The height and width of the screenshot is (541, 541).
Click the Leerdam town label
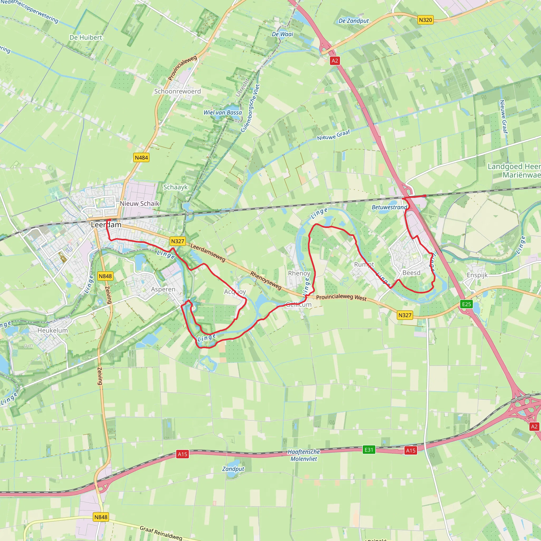(106, 225)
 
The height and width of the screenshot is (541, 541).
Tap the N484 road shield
(141, 158)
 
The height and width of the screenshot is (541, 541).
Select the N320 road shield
(425, 20)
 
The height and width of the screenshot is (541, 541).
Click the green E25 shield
(466, 304)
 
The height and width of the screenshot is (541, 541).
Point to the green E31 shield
(369, 450)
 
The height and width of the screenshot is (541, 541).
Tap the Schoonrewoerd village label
(177, 91)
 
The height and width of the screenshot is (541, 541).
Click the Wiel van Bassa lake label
(223, 113)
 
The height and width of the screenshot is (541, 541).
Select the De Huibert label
(86, 38)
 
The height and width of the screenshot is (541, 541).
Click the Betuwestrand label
(389, 207)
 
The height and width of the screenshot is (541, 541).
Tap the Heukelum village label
(53, 330)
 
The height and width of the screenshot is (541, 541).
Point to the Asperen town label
(163, 289)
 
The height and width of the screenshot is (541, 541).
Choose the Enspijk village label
(477, 275)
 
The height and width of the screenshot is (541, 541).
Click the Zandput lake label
(233, 469)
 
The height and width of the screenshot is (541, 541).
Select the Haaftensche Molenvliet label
(304, 455)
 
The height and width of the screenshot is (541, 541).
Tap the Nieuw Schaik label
(139, 204)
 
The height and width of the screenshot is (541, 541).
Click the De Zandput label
(353, 21)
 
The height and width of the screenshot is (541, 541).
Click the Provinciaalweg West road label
(341, 298)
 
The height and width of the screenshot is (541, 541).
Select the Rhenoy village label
(299, 273)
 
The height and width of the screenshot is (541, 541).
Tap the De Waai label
(282, 34)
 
